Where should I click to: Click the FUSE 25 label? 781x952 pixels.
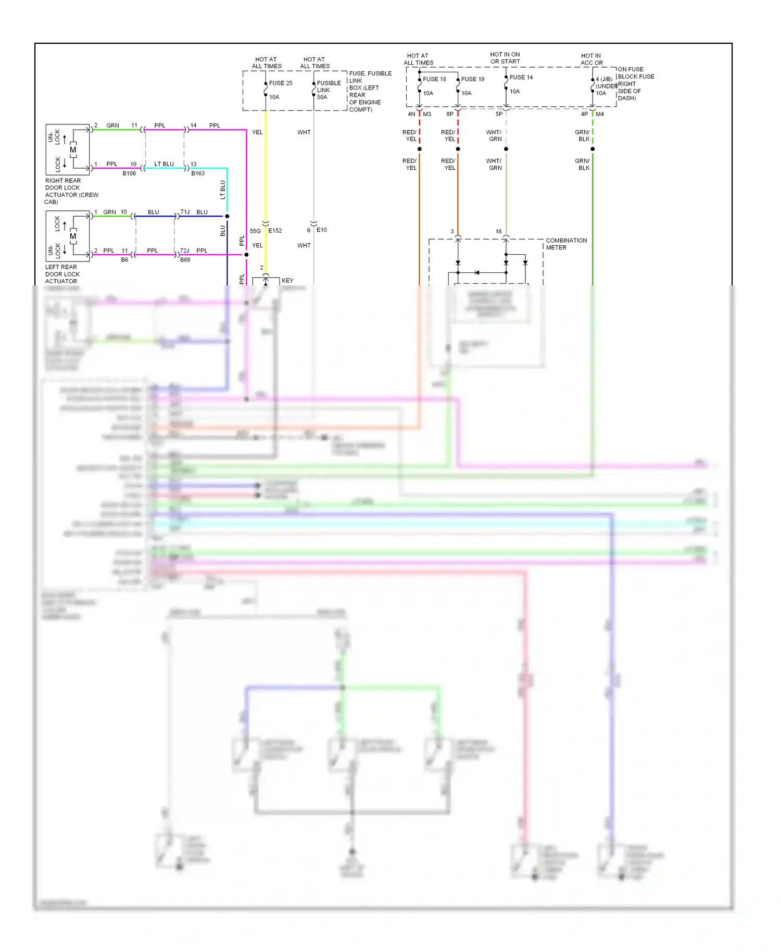coord(280,83)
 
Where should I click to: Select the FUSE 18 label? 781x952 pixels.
coord(434,79)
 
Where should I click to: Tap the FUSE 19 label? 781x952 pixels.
coord(473,79)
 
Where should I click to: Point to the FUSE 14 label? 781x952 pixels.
coord(521,77)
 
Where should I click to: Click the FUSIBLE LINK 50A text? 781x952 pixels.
coord(329,90)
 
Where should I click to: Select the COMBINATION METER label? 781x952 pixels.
coord(565,244)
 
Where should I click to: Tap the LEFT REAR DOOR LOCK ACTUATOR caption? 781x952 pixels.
coord(61,274)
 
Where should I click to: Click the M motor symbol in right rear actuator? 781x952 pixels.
coord(73,150)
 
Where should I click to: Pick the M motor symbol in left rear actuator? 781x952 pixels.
coord(73,236)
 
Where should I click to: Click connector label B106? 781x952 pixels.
coord(129,173)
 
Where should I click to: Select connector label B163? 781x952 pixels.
coord(198,173)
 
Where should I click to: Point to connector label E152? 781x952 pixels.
coord(275,230)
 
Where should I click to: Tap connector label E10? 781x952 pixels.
coord(321,230)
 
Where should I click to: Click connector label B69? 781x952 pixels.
coord(185,260)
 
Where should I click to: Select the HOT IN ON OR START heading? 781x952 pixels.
coord(505,58)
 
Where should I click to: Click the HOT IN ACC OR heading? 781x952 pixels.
coord(591,59)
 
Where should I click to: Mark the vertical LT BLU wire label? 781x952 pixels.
coord(223,190)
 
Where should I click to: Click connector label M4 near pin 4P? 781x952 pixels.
coord(600,114)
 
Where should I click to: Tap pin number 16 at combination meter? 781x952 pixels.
coord(498,231)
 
